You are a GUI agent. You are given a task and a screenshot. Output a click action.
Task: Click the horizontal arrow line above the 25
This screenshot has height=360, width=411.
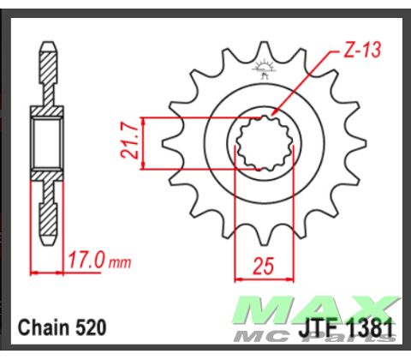coord(265,278)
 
